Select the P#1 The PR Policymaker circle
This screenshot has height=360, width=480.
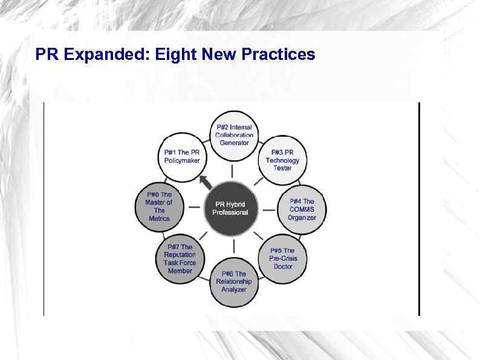pos(182,156)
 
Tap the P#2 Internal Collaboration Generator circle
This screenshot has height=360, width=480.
pos(234,134)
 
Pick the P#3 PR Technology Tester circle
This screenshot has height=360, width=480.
pos(282,160)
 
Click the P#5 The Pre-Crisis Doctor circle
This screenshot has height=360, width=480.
pos(283,258)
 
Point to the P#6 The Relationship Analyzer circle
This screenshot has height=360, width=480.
pos(233,281)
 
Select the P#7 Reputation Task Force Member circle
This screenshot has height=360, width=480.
pos(180,259)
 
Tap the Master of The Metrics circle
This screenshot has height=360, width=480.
pos(159,206)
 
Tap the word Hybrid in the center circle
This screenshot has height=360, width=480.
pos(236,205)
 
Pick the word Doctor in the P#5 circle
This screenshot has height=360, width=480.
pos(283,266)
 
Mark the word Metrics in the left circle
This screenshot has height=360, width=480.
pos(159,218)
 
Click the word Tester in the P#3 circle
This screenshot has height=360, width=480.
pos(282,168)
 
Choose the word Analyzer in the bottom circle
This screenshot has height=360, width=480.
pos(233,289)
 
